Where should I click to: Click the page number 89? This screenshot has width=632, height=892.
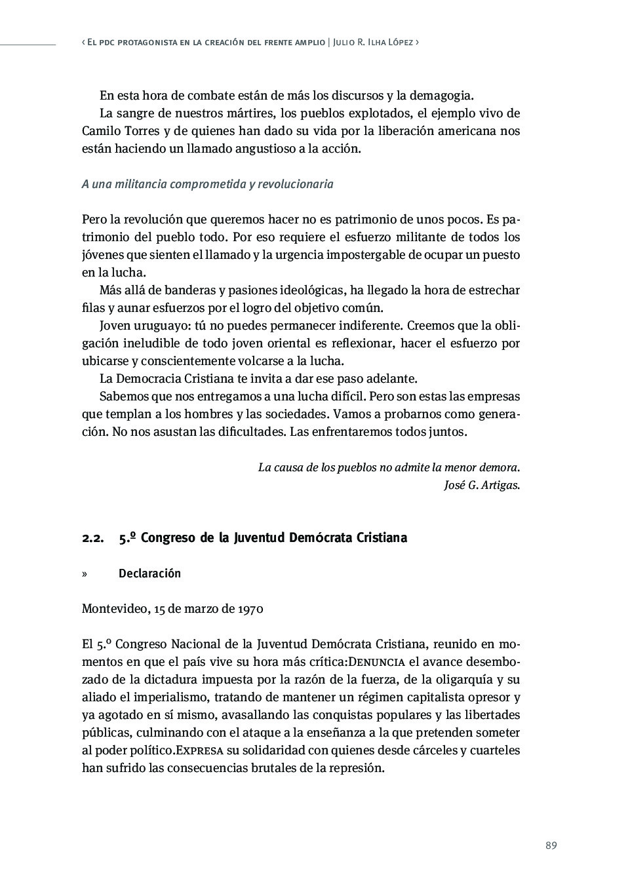551,845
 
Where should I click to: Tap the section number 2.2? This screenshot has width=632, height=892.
93,538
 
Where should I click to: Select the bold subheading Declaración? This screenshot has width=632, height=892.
149,573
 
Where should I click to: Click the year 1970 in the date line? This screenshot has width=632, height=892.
250,609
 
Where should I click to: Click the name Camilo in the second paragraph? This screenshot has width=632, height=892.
100,130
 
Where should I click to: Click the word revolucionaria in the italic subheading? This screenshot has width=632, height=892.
295,184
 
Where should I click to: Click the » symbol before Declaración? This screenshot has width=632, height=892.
85,574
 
